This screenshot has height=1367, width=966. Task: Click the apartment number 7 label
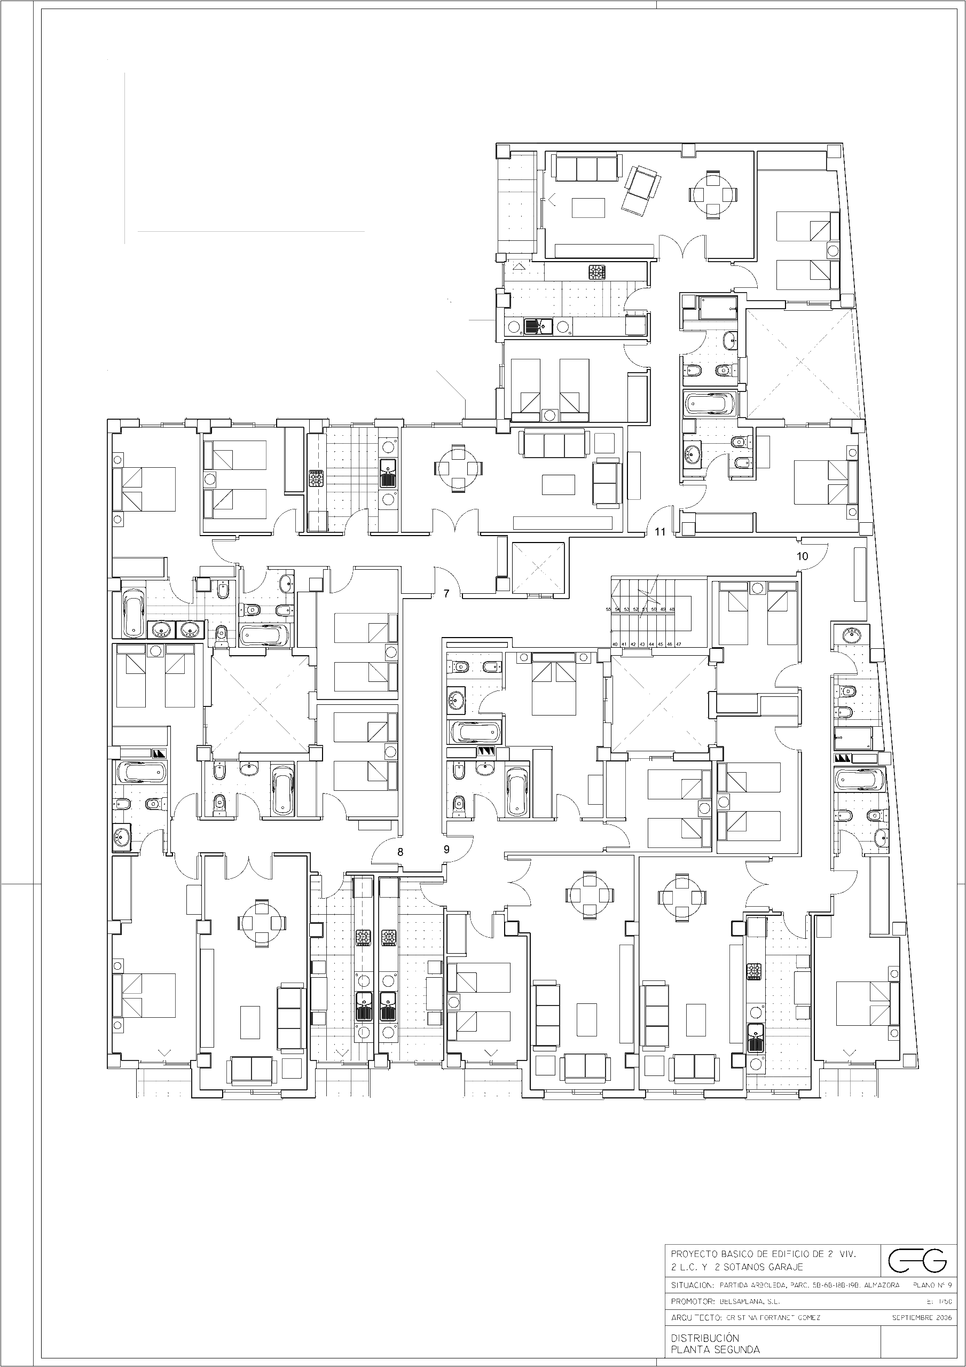click(446, 593)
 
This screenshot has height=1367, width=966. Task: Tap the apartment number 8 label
click(400, 852)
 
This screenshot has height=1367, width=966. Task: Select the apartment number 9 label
click(446, 850)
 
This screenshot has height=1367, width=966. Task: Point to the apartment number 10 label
click(802, 556)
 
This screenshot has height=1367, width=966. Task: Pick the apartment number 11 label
click(660, 532)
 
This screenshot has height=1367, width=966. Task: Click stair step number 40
click(615, 644)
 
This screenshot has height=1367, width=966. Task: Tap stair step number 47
click(678, 644)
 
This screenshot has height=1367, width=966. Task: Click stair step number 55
click(609, 609)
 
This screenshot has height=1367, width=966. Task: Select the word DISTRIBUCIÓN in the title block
click(704, 1337)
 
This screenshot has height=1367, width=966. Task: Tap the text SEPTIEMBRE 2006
click(921, 1317)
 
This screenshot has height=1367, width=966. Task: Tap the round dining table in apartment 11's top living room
click(713, 194)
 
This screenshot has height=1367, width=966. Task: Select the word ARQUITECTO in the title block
click(694, 1317)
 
